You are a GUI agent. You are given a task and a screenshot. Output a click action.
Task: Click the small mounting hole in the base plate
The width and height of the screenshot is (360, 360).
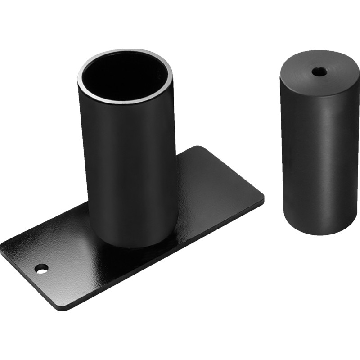41,269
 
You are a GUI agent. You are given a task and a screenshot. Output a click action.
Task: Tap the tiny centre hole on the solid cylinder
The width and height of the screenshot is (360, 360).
319,71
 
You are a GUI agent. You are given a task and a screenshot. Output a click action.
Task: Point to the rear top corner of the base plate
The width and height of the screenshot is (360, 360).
198,147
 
